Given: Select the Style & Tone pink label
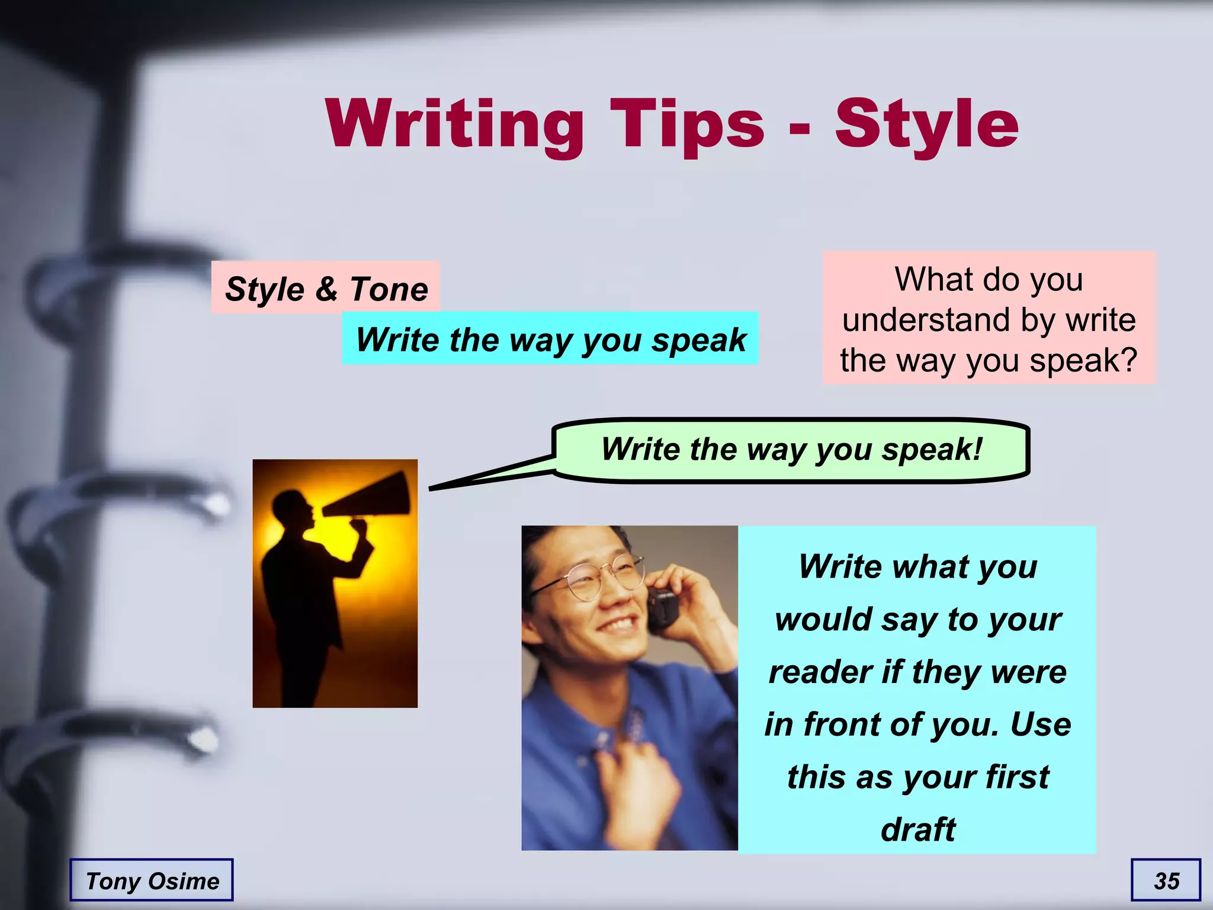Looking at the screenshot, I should coord(326,289).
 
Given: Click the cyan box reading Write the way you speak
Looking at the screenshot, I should coord(550,339).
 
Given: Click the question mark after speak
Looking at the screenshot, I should coord(1128,360).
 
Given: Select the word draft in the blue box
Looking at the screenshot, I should coord(917,829).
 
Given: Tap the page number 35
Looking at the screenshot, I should coord(1166,880).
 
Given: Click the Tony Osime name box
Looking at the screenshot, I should coord(152,880).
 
